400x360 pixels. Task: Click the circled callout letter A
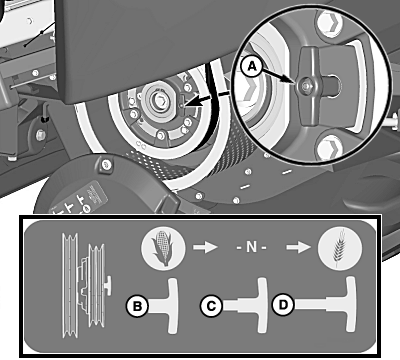(252, 67)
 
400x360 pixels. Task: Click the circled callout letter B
(137, 306)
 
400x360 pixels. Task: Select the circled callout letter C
(211, 306)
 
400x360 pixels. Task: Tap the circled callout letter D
(283, 305)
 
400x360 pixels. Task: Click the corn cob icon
(163, 248)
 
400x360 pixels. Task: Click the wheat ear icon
(339, 248)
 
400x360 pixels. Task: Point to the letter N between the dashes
(251, 247)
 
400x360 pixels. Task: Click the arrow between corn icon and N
(205, 248)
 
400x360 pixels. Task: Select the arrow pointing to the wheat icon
(299, 248)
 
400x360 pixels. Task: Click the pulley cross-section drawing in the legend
(87, 286)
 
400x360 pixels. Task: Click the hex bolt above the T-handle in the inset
(330, 23)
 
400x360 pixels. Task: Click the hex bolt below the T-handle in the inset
(330, 148)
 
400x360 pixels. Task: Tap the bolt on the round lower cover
(106, 164)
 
